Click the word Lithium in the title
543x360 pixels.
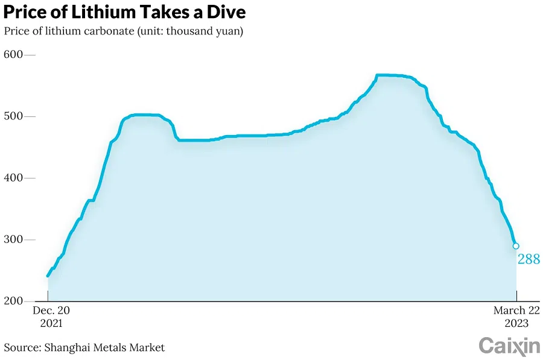pos(88,12)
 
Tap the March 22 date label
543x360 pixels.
pos(516,311)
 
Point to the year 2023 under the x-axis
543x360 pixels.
pos(516,323)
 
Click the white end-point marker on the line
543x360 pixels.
pos(516,246)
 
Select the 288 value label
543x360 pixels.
pos(529,260)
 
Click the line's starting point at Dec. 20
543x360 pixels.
pos(48,276)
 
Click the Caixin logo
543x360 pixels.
pos(509,346)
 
